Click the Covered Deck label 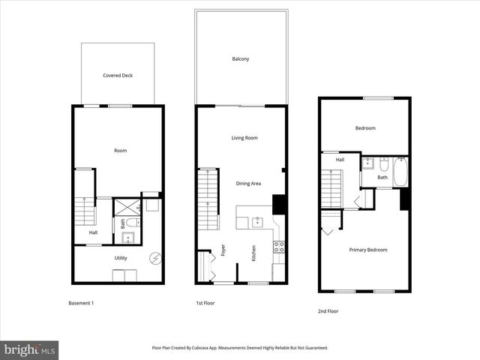coord(118,75)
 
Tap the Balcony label coord(240,58)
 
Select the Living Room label coord(244,137)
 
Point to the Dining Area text coord(249,184)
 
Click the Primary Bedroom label coord(368,250)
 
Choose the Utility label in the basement coord(121,258)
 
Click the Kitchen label coord(254,253)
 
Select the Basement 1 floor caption coord(81,303)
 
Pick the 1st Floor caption coord(206,303)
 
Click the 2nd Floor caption coord(328,310)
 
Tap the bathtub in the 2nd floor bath coord(400,172)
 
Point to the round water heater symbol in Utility coord(155,258)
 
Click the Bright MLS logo coord(29,349)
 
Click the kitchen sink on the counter coord(258,221)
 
